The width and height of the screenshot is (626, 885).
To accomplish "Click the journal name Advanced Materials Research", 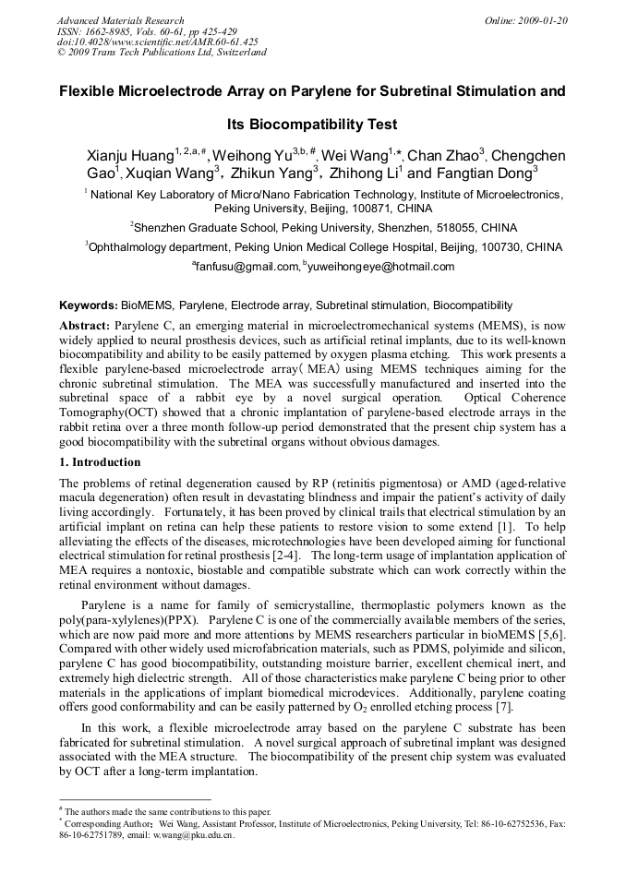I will click(x=120, y=20).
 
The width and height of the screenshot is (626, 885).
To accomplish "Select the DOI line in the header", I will click(x=158, y=42).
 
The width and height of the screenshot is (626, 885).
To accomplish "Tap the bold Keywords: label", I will click(x=89, y=305).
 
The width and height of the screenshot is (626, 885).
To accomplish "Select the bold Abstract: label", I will click(x=85, y=326).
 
